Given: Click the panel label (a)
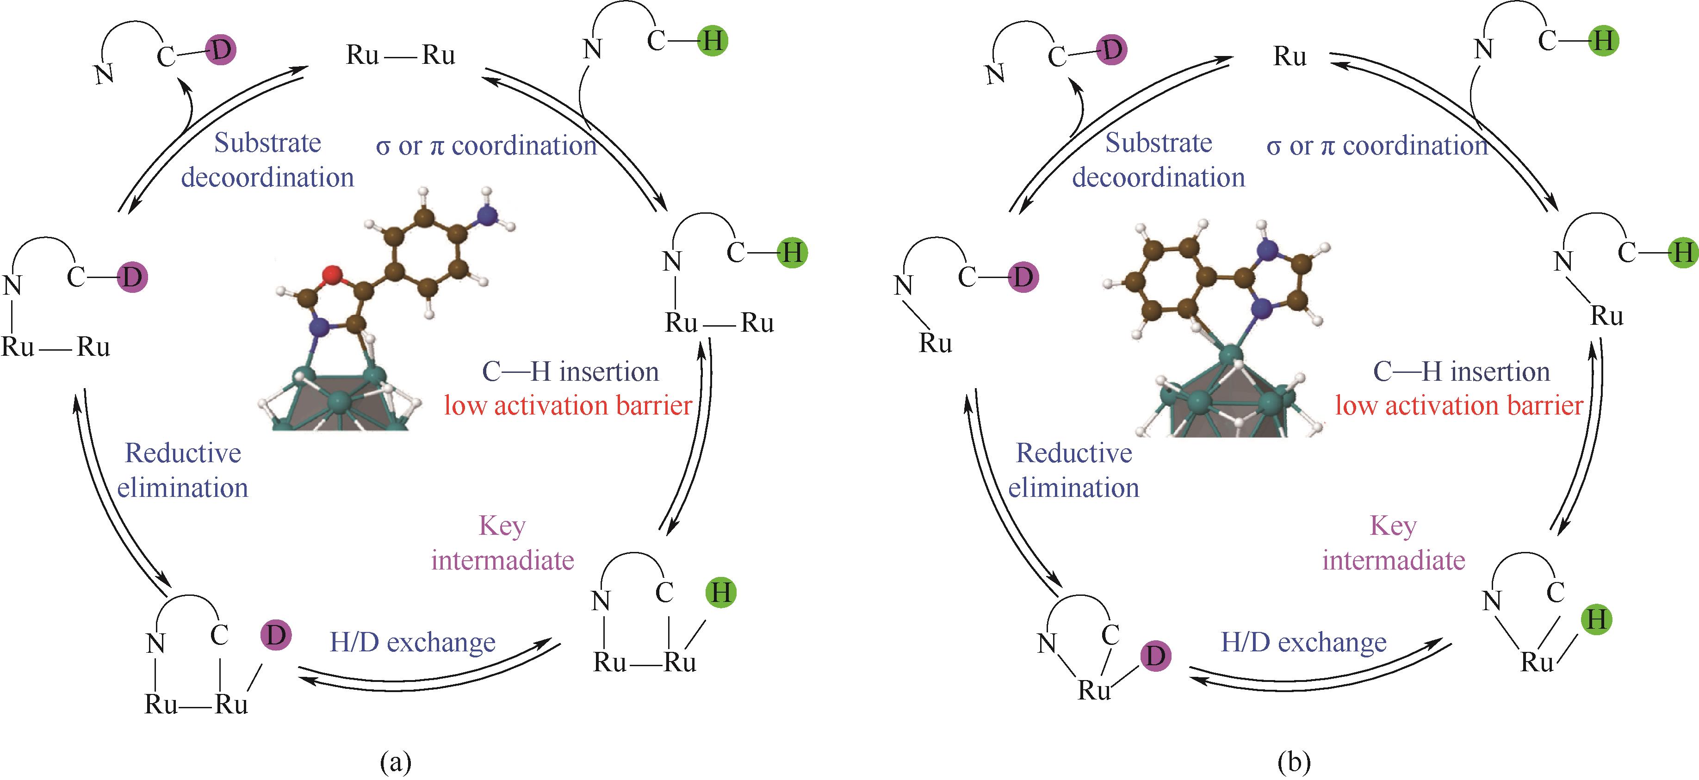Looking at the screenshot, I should coord(396,763).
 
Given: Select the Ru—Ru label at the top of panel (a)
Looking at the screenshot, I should coord(400,56).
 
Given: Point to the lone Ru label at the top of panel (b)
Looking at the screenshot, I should coord(1290,57).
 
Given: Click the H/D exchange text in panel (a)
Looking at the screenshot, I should coord(413,642).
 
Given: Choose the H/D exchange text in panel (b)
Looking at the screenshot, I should coord(1304,642).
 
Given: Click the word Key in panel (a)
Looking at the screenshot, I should coord(502,526).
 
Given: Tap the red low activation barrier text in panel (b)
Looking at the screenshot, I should coord(1459,405).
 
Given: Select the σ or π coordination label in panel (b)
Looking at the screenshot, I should coord(1377,146).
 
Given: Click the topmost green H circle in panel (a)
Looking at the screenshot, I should coord(713,41).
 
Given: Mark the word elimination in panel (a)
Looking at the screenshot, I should coord(183,489).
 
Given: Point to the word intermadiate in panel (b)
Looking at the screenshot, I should coord(1394,560).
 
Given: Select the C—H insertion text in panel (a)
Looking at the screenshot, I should coord(570,372).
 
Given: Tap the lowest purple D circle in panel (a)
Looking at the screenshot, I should coord(276,636).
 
